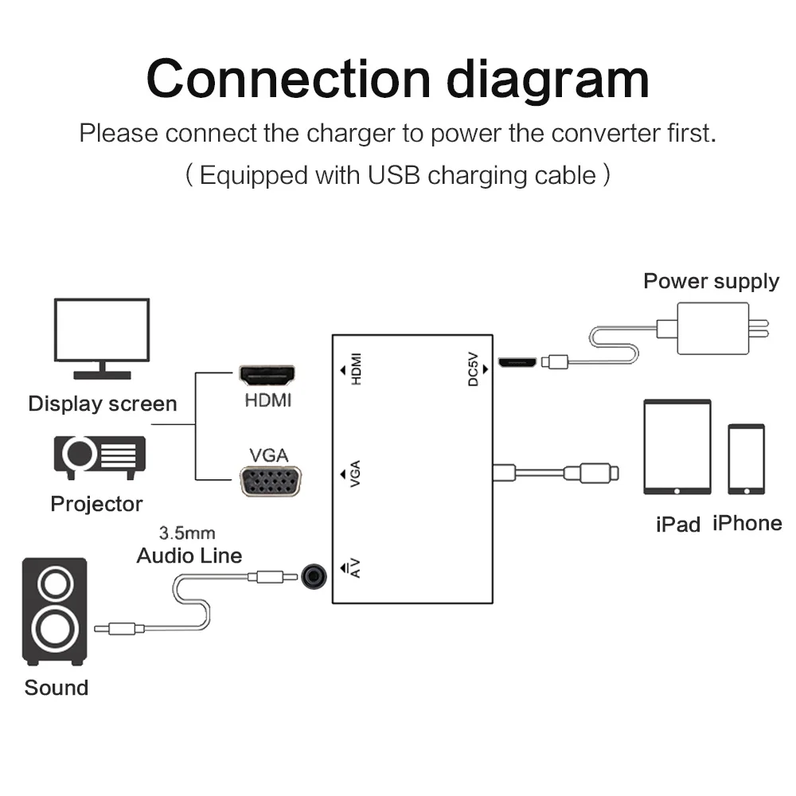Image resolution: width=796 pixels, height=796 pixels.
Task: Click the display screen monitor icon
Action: point(102,338)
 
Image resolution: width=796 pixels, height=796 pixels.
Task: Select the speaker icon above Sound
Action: point(55,611)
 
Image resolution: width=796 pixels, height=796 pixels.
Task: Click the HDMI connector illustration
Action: point(267,376)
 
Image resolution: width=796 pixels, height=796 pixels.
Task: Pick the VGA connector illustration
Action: point(270,481)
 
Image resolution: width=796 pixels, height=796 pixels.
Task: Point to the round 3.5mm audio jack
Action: point(314,576)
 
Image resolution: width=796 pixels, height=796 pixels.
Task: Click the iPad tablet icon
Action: point(677,447)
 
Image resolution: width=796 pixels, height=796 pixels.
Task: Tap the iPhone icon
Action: point(747,459)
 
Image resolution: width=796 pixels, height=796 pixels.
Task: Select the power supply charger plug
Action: point(712,329)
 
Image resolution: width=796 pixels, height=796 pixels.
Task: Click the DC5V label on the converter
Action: point(473,369)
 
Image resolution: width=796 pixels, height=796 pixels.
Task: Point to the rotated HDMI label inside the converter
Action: point(357,369)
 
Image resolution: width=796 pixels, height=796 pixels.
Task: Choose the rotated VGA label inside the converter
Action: point(355,474)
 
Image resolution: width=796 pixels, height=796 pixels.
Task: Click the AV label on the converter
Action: point(355,568)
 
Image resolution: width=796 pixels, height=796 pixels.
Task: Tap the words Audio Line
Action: point(189,556)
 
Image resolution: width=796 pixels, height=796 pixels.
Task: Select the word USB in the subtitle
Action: point(394,176)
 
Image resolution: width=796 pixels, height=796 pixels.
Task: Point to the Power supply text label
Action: point(711,282)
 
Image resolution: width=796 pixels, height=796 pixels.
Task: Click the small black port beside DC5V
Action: point(517,362)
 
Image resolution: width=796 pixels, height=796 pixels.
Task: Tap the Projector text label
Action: point(96,504)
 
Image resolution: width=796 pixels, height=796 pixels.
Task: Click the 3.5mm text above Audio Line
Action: point(187,533)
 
